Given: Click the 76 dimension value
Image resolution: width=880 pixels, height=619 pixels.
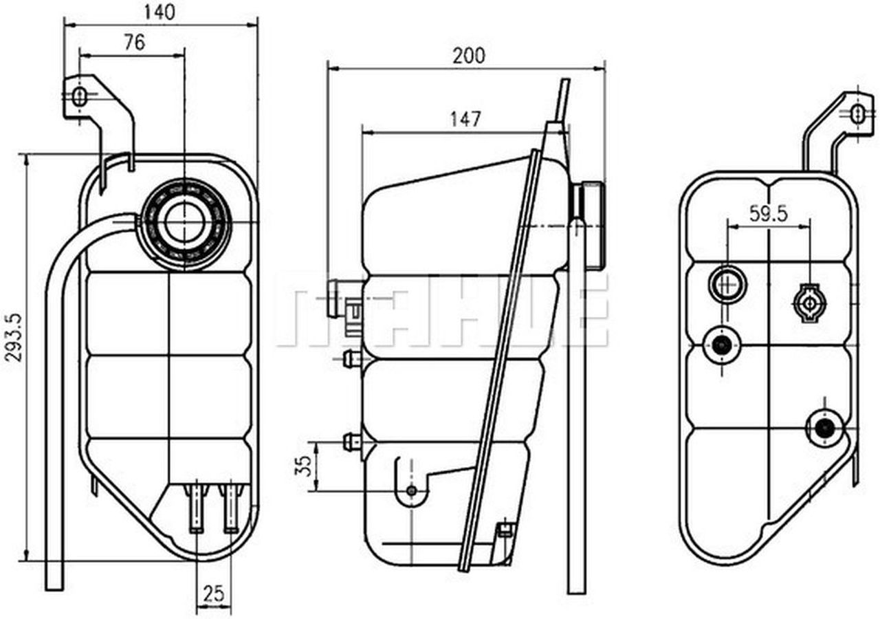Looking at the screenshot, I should coord(134,43).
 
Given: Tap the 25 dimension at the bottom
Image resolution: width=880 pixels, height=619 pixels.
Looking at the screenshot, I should coord(213,592).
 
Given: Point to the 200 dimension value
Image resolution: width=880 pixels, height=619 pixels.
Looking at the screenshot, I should coord(468,56).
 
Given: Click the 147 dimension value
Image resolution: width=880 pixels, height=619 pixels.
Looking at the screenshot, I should coord(465,119).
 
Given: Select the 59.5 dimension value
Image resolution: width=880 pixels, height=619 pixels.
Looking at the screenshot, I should coord(768,214).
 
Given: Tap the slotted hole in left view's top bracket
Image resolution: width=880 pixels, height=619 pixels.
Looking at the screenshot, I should coord(80,96).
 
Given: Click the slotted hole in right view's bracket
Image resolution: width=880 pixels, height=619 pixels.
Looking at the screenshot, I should coord(857,114).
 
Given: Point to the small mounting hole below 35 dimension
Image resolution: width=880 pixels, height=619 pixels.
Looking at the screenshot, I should coord(411,490).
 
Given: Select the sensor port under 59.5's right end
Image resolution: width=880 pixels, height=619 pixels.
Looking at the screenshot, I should coord(809,301).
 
